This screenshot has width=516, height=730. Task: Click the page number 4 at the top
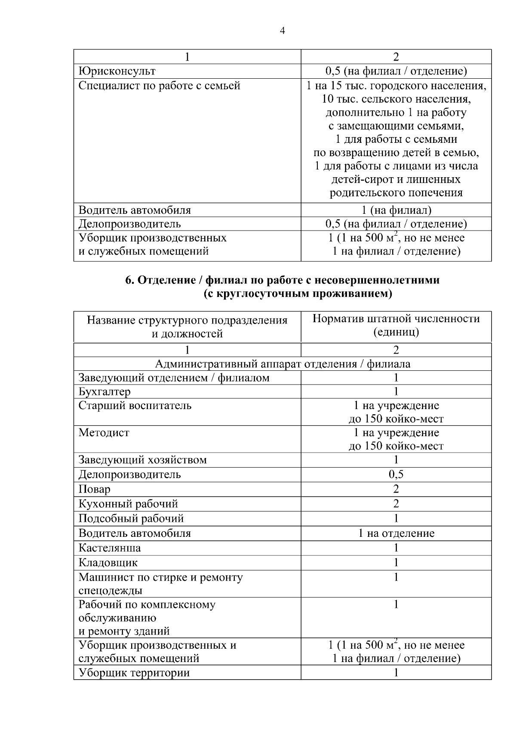tap(282, 31)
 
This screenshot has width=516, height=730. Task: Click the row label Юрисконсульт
tap(117, 71)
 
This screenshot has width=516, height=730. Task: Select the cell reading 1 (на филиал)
tap(396, 210)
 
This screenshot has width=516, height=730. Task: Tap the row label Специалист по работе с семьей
tap(159, 86)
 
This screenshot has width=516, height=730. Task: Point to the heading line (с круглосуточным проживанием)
tap(298, 294)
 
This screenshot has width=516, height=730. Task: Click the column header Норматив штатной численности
tap(396, 319)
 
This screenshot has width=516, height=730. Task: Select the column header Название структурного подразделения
tap(187, 320)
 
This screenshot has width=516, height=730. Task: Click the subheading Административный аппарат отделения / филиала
tap(282, 364)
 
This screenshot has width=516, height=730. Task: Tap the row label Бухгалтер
tap(104, 391)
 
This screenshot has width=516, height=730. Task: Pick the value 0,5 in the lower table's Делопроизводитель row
tap(396, 474)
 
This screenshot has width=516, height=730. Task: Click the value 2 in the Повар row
tap(396, 489)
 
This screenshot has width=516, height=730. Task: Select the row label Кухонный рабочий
tap(128, 504)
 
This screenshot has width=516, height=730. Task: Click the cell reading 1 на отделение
tap(396, 533)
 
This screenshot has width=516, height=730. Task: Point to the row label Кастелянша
tap(110, 548)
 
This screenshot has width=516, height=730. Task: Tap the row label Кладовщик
tap(108, 563)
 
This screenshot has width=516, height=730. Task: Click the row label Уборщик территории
tap(134, 673)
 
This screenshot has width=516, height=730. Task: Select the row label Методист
tap(104, 433)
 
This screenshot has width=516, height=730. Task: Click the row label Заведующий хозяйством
tap(142, 460)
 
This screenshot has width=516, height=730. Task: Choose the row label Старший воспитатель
tap(135, 406)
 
